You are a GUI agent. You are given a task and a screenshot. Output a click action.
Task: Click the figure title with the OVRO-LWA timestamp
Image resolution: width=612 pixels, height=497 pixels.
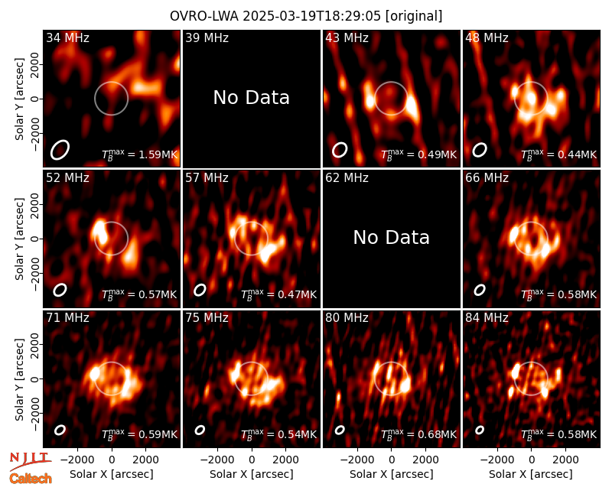tap(306, 16)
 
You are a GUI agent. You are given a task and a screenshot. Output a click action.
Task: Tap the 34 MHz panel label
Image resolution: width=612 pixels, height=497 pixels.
tap(67, 37)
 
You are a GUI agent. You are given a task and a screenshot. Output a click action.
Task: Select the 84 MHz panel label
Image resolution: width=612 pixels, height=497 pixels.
tap(487, 318)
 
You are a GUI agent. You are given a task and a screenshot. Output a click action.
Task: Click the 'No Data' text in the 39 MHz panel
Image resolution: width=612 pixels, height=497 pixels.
tap(252, 98)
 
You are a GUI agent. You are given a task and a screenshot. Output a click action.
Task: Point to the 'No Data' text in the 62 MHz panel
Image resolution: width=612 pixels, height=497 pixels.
tap(391, 238)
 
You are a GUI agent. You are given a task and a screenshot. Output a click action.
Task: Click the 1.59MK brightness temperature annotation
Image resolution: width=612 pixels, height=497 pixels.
tap(140, 154)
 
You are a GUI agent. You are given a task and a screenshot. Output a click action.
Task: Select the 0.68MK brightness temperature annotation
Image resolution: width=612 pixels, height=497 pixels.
tap(418, 434)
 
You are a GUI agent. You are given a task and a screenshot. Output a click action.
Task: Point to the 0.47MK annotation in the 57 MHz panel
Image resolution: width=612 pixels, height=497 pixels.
tap(278, 294)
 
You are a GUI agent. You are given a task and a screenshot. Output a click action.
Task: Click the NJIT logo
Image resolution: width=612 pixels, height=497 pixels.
tap(30, 460)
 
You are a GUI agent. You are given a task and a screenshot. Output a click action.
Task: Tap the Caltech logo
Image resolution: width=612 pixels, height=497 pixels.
tap(31, 479)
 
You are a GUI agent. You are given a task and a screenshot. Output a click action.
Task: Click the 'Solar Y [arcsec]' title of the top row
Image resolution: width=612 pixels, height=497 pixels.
tap(20, 99)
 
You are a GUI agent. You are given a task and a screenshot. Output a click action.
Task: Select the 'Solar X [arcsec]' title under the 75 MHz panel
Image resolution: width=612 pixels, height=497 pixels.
tap(252, 474)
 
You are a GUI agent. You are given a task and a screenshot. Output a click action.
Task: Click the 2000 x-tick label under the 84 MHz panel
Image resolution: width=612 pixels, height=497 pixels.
tap(565, 460)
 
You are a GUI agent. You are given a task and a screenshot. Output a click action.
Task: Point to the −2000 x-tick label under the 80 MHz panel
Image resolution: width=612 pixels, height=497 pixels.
tap(354, 460)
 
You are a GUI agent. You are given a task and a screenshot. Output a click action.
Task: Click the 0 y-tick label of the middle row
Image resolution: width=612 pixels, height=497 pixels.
tap(36, 239)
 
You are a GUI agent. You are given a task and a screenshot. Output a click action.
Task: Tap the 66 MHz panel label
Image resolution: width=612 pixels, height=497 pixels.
tap(487, 178)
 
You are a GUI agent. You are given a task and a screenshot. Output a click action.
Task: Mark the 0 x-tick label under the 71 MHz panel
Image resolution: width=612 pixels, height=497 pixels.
tap(112, 460)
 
